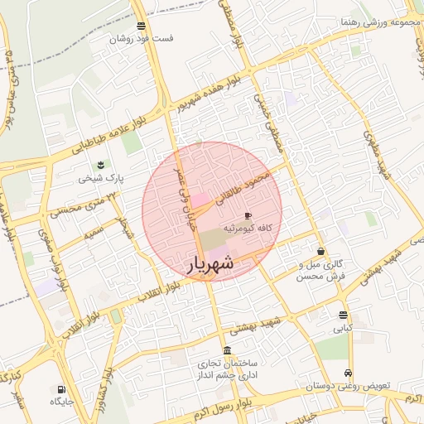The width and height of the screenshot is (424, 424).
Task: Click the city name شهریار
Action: coord(210,264)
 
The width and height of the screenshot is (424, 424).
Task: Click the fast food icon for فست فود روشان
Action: coord(141,26)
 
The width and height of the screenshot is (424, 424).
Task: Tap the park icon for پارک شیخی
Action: coord(101,166)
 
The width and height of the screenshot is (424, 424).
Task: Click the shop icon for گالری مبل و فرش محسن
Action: coord(320,251)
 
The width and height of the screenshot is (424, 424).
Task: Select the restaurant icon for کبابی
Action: coord(343,315)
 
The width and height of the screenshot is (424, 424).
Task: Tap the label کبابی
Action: coord(343,328)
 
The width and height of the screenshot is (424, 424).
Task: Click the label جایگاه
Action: coord(62,402)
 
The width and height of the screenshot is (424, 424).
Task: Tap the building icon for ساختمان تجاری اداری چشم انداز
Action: coord(228,349)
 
